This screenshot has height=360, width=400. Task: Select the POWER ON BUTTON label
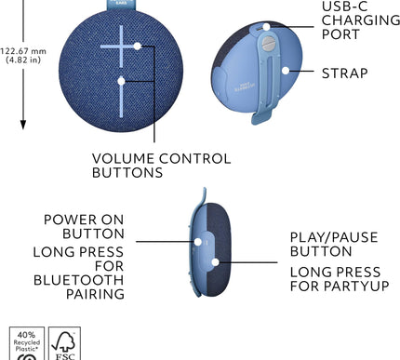(x=83, y=227)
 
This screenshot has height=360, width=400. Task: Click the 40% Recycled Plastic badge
(x=26, y=343)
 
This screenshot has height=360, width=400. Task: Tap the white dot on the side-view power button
(x=197, y=239)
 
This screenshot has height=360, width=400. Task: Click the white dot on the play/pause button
(x=215, y=262)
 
